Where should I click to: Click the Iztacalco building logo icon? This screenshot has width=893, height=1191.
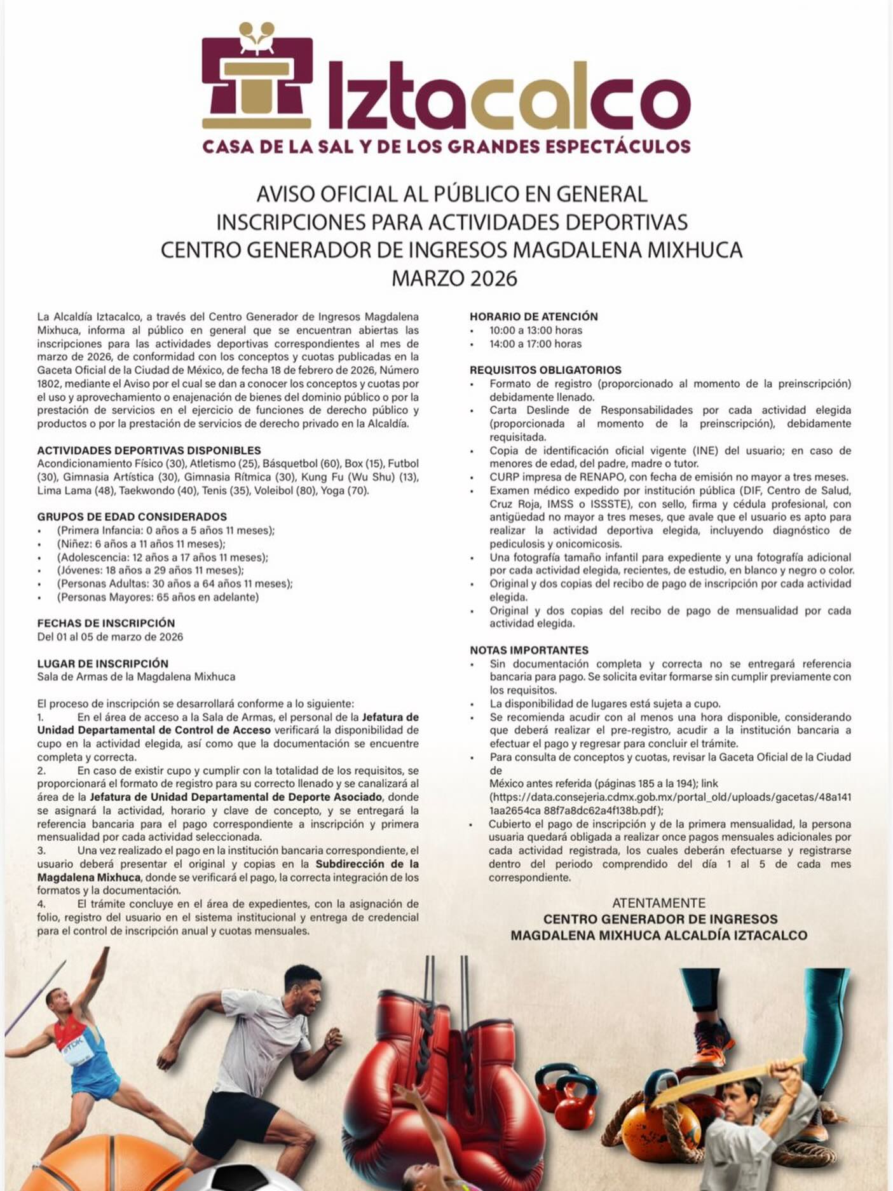pos(257,79)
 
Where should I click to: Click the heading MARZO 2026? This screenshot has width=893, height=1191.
pos(454,278)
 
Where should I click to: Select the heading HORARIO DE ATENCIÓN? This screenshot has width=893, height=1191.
pos(533,316)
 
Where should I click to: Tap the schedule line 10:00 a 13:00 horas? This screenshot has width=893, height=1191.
pos(535,330)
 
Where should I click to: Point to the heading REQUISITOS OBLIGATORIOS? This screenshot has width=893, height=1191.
pos(545,370)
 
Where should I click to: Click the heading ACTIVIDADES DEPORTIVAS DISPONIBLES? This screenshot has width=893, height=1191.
pos(149,451)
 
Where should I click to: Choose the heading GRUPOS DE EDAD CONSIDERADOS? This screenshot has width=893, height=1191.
pos(132,517)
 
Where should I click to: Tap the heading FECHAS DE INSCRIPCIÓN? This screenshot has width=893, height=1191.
pos(106,623)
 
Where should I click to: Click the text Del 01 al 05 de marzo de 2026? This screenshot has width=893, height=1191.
pos(110,637)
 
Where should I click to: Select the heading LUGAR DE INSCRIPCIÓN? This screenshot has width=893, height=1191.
pos(102,664)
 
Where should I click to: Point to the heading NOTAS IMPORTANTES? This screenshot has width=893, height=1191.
pos(529,650)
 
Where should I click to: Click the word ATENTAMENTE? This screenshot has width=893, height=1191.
pos(658,903)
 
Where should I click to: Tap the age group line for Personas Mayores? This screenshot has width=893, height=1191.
pos(158,597)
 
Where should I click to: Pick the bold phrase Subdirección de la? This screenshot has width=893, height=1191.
pos(367,864)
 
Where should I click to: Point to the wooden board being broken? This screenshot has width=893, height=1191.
pos(731,1079)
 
